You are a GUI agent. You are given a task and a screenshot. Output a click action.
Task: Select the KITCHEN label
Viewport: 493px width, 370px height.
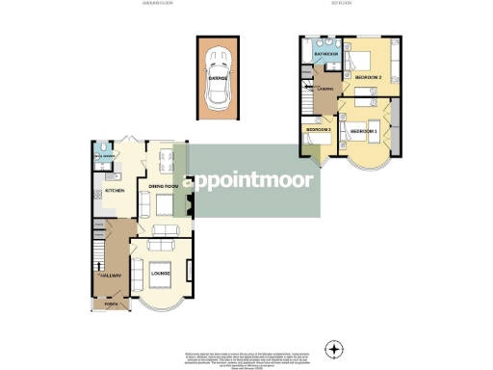[x=116, y=191]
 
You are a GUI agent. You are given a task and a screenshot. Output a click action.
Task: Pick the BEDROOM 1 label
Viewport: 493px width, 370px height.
[x=363, y=130]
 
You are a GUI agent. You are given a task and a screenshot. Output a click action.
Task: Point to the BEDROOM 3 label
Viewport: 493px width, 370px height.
[x=318, y=129]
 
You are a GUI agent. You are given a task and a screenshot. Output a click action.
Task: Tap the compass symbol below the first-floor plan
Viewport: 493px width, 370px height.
[x=333, y=348]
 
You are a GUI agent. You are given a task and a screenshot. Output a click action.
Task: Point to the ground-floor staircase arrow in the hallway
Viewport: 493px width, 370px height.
[x=97, y=260]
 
